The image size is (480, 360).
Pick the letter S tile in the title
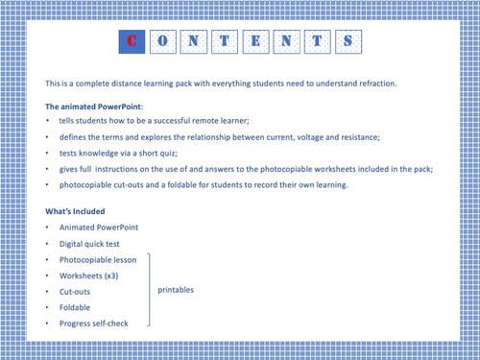coord(351,41)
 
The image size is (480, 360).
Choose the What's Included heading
coord(76,210)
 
